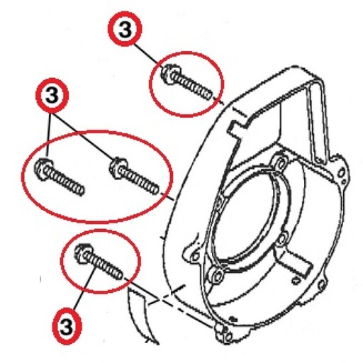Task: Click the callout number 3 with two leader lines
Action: tap(52, 95)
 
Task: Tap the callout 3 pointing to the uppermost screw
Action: tap(125, 29)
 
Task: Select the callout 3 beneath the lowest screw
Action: tap(67, 325)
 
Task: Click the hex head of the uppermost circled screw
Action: tap(169, 74)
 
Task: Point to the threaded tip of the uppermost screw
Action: tap(208, 95)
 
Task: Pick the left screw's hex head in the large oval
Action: tap(43, 168)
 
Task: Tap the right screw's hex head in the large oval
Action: tap(118, 167)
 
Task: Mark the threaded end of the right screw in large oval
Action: tap(155, 190)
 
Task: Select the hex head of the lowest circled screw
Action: tap(83, 253)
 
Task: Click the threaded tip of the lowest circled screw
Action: tap(118, 275)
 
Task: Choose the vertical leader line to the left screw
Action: tap(49, 135)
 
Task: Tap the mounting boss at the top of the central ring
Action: tap(280, 164)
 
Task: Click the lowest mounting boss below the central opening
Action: tap(217, 274)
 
